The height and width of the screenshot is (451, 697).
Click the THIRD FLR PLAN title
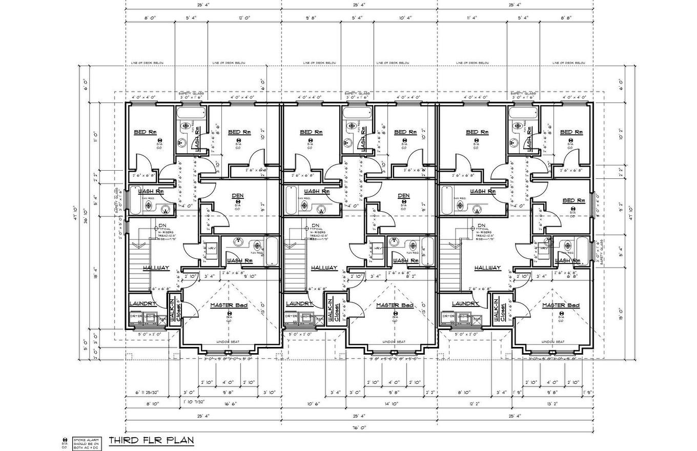tap(151, 440)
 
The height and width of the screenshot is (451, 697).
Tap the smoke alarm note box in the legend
tap(86, 443)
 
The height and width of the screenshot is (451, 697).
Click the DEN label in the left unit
tap(238, 195)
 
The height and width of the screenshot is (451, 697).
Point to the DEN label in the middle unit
tap(403, 195)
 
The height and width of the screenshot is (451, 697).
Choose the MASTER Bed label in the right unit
tap(561, 305)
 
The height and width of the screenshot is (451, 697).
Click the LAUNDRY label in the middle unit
tap(299, 303)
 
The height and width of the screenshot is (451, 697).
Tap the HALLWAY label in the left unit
tap(156, 268)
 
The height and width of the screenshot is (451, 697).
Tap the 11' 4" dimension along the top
tap(471, 18)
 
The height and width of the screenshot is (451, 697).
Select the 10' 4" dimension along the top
tap(404, 18)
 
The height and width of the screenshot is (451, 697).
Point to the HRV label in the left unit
tap(211, 248)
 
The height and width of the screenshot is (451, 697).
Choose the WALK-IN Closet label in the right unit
tap(497, 310)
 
